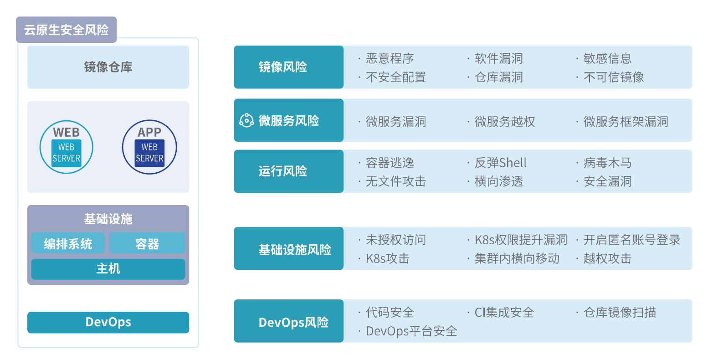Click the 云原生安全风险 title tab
pos(67,30)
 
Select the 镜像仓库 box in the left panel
pos(108,67)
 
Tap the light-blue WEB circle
pos(67,147)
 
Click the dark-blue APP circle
pos(149,147)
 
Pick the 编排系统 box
pos(68,243)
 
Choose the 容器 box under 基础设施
pos(147,243)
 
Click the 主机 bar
pos(108,269)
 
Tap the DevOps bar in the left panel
pos(108,322)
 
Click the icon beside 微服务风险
pos(246,120)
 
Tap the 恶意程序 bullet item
pos(390,58)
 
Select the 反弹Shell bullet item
pos(500,163)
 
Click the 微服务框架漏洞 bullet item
pos(626,122)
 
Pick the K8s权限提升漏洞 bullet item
pos(521,240)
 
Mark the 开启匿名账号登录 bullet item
pos(632,240)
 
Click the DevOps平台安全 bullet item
pos(411,331)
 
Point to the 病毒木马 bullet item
pos(607,163)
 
